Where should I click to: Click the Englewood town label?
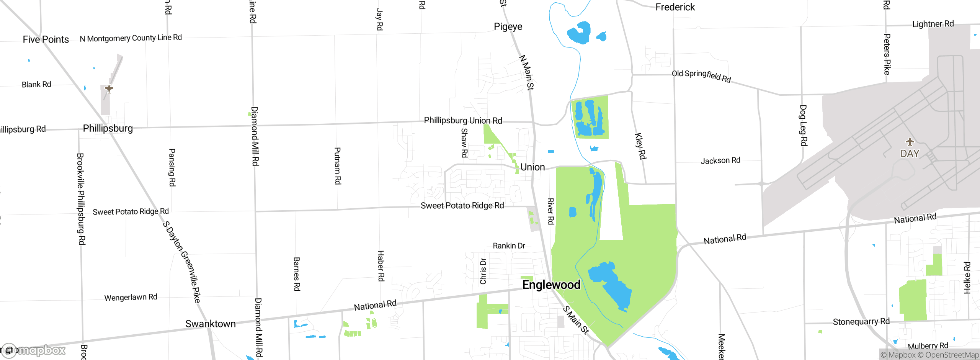click(551, 285)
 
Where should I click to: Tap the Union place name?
click(532, 167)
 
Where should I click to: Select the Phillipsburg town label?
click(108, 128)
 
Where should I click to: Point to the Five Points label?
click(46, 39)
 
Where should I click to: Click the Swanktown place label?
click(211, 324)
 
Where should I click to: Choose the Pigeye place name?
click(508, 27)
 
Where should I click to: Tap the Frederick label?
click(675, 7)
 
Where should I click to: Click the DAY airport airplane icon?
click(910, 142)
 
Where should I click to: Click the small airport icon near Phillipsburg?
click(109, 89)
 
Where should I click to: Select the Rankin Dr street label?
click(509, 246)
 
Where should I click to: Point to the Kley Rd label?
click(640, 146)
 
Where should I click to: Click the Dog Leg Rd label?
click(803, 125)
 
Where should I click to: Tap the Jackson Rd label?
click(720, 161)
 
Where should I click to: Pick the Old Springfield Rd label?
click(701, 75)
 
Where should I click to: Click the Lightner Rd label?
click(933, 24)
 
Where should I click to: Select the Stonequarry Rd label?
click(861, 322)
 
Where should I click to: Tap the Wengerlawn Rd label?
click(131, 298)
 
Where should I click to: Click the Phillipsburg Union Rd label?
click(463, 121)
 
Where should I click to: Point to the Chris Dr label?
click(483, 271)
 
